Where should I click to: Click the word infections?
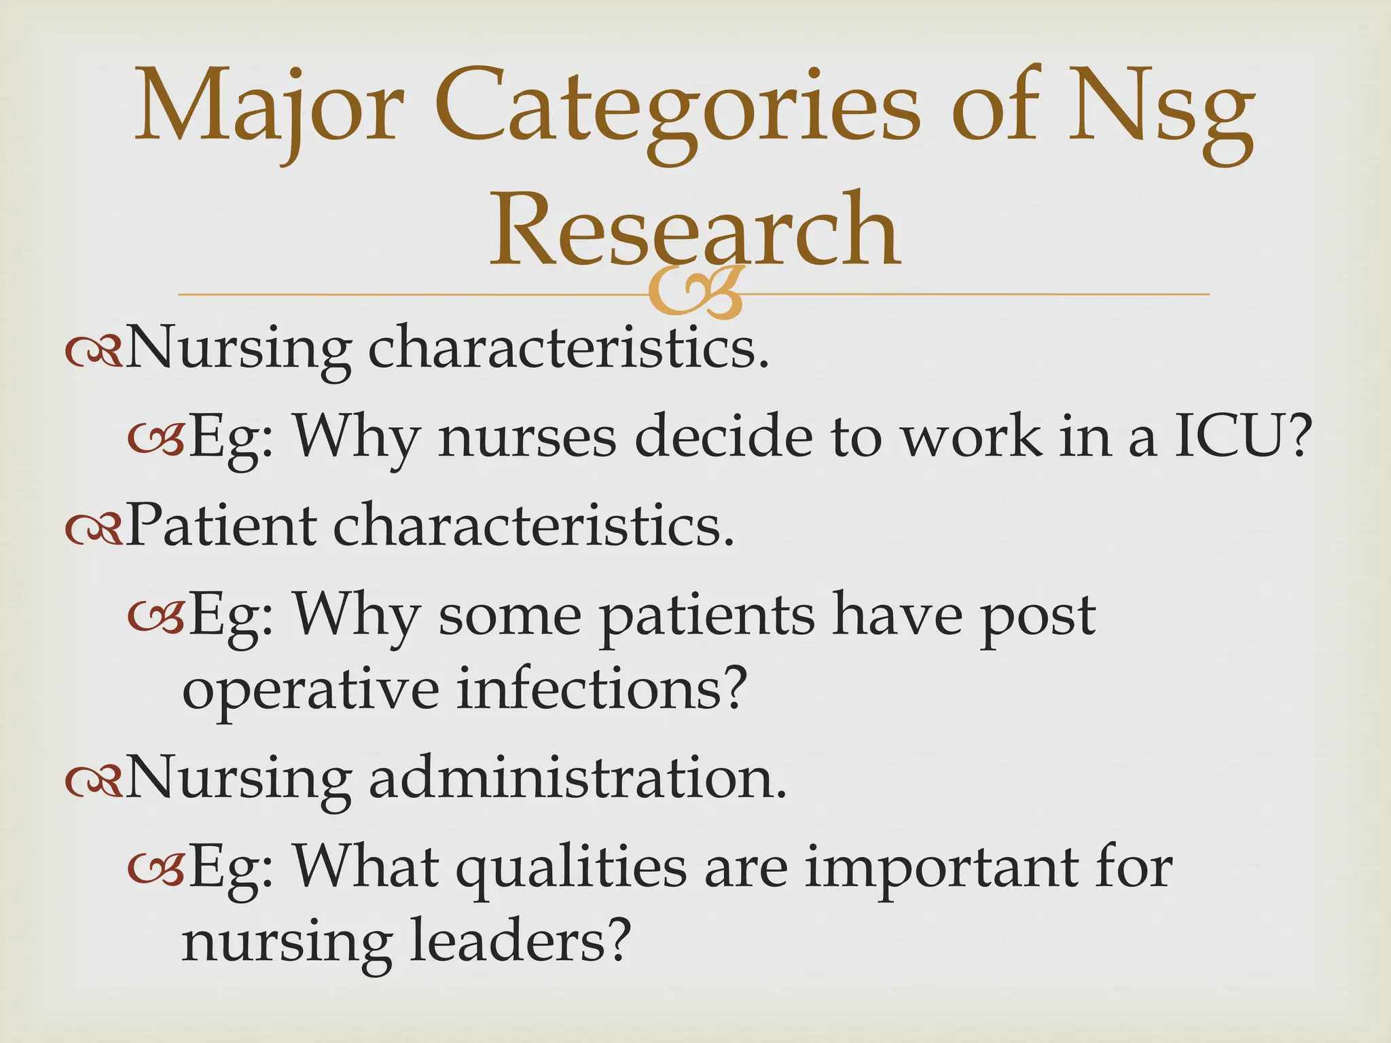tap(600, 689)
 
